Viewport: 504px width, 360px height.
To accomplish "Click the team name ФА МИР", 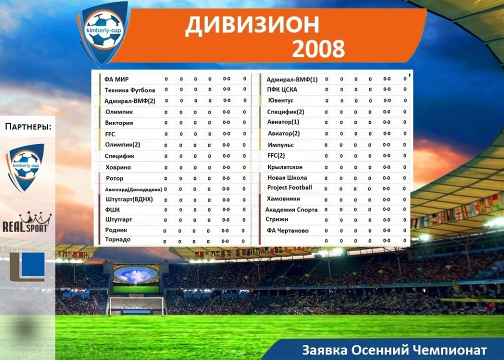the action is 116,79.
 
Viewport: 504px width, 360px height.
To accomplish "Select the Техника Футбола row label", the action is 130,90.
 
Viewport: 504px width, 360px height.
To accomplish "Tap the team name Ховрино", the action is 118,167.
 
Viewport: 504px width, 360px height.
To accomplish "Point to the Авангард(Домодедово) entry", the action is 133,189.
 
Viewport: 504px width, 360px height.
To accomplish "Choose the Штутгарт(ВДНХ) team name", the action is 129,199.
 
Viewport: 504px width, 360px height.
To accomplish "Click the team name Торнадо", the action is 117,239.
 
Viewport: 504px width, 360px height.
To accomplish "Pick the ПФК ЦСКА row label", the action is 282,89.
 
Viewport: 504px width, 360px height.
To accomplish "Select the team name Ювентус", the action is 280,100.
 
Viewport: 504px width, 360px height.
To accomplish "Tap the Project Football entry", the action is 289,187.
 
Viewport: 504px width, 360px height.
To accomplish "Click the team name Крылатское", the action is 285,167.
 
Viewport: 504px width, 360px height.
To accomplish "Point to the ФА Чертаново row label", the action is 287,230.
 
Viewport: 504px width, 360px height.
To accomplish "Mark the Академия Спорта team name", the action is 291,209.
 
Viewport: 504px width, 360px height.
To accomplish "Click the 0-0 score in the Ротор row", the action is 226,178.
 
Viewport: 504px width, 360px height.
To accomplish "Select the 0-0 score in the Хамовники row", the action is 386,199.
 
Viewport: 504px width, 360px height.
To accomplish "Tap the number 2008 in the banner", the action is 318,48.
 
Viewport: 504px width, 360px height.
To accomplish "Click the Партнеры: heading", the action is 28,126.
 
